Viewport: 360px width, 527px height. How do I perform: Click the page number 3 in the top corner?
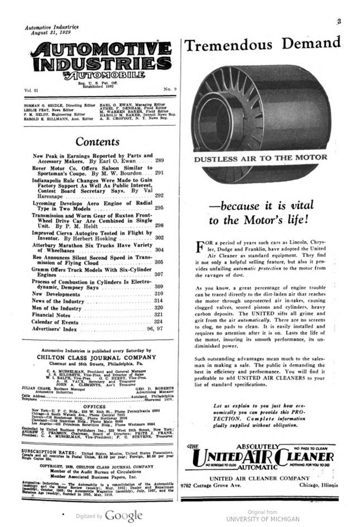339,21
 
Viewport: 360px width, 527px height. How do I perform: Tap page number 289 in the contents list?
159,161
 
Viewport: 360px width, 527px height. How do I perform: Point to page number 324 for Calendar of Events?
159,322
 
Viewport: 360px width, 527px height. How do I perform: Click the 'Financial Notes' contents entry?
51,315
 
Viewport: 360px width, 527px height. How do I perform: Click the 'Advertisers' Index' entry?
56,329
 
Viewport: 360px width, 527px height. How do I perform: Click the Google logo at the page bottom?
123,515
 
